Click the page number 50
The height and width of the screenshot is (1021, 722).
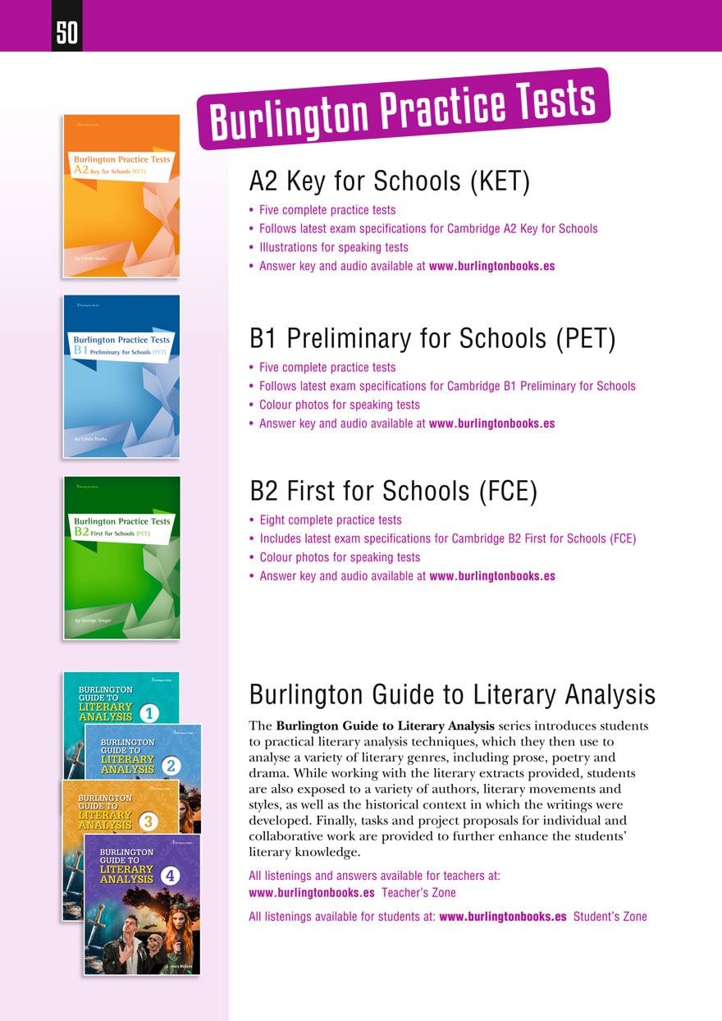[x=66, y=33]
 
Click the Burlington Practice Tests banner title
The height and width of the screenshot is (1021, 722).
[x=403, y=109]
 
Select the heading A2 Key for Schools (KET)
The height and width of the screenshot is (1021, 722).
[x=389, y=181]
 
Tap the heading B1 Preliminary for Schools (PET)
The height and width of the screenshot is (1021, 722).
[x=432, y=338]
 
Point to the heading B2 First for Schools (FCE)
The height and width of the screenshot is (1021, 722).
[x=393, y=491]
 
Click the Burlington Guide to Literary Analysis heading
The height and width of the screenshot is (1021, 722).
[x=452, y=695]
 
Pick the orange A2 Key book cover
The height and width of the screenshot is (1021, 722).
[x=121, y=195]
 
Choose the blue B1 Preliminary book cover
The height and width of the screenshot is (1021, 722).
[x=121, y=376]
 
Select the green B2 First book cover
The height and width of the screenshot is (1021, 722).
[x=121, y=557]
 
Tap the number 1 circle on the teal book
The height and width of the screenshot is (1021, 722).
[x=149, y=713]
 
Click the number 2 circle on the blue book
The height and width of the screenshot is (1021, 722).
[x=171, y=767]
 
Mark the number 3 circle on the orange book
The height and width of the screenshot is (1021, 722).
[x=149, y=822]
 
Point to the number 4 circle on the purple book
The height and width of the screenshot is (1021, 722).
[x=171, y=876]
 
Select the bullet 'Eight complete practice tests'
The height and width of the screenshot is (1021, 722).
[x=331, y=520]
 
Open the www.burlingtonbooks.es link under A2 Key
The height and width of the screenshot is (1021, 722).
[x=491, y=266]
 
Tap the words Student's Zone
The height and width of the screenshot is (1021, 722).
[x=610, y=917]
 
